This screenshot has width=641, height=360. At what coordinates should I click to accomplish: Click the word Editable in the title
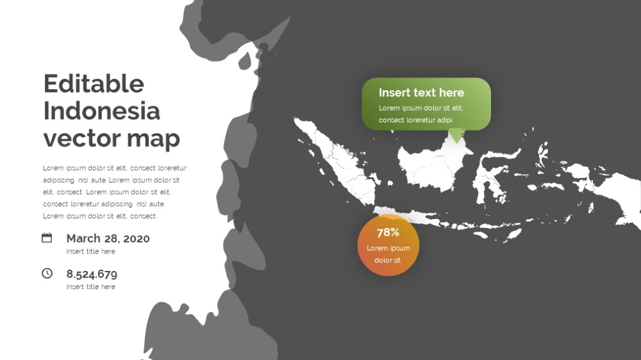point(94,84)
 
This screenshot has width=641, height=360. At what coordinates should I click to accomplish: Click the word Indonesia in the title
point(101,111)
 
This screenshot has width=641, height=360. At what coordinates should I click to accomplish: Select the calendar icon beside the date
point(47,238)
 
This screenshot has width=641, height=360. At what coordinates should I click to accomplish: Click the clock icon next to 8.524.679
point(47,274)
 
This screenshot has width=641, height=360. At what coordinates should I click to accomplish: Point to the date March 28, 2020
point(108,238)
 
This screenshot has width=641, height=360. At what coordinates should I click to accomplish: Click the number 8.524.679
point(92,274)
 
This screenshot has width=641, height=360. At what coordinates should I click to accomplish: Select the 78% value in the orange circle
point(388,233)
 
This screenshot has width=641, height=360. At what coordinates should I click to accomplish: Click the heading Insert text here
point(421,93)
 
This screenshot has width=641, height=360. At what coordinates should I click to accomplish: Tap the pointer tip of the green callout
point(456,143)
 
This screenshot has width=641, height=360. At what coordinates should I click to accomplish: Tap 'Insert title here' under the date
point(91,251)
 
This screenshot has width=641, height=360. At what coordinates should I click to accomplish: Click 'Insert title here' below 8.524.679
point(91,287)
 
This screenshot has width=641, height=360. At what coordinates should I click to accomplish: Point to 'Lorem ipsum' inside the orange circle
point(388,248)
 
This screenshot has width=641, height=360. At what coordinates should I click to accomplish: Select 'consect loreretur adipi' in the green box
point(415,120)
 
